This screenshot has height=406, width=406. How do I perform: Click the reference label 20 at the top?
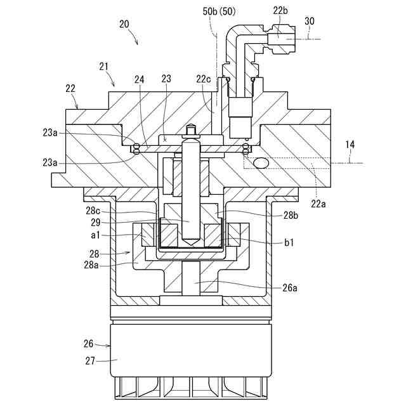coord(124,24)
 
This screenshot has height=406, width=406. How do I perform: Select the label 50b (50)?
coord(219,11)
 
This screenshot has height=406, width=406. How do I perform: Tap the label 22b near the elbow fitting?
coord(280,11)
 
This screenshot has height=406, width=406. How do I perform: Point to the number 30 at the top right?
coord(310,21)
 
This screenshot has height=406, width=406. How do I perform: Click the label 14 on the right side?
coord(350,144)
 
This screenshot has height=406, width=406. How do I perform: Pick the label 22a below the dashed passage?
coord(318,204)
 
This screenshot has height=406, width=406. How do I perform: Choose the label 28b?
coord(291,215)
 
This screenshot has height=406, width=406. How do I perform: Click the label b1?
coord(289,242)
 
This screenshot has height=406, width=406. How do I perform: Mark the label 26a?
coord(290,287)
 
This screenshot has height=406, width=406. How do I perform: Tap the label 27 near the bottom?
coord(90,361)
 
